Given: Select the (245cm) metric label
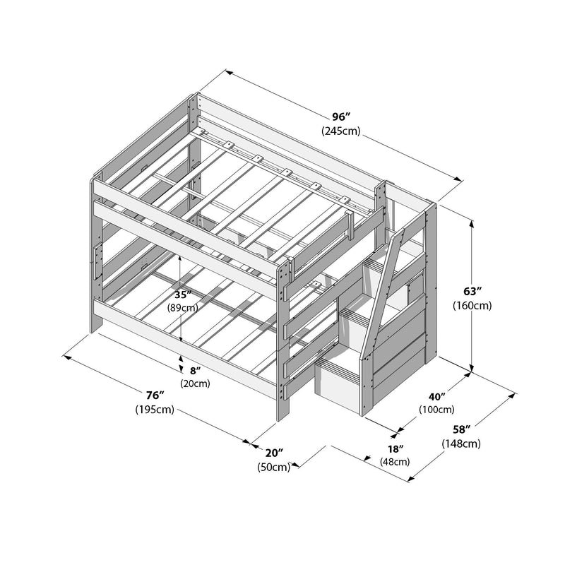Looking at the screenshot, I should click(x=341, y=131).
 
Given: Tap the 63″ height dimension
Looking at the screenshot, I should click(x=473, y=292).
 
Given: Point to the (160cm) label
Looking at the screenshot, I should click(x=473, y=306).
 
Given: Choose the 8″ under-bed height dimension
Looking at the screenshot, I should click(x=195, y=370).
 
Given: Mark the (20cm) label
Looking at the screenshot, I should click(x=194, y=383).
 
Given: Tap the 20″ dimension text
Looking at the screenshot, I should click(x=275, y=452).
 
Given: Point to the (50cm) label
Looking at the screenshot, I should click(x=274, y=466).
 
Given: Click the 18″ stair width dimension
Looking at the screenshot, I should click(x=395, y=448).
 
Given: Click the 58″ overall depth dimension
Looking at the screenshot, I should click(x=461, y=429).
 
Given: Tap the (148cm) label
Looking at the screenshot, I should click(x=461, y=444).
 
